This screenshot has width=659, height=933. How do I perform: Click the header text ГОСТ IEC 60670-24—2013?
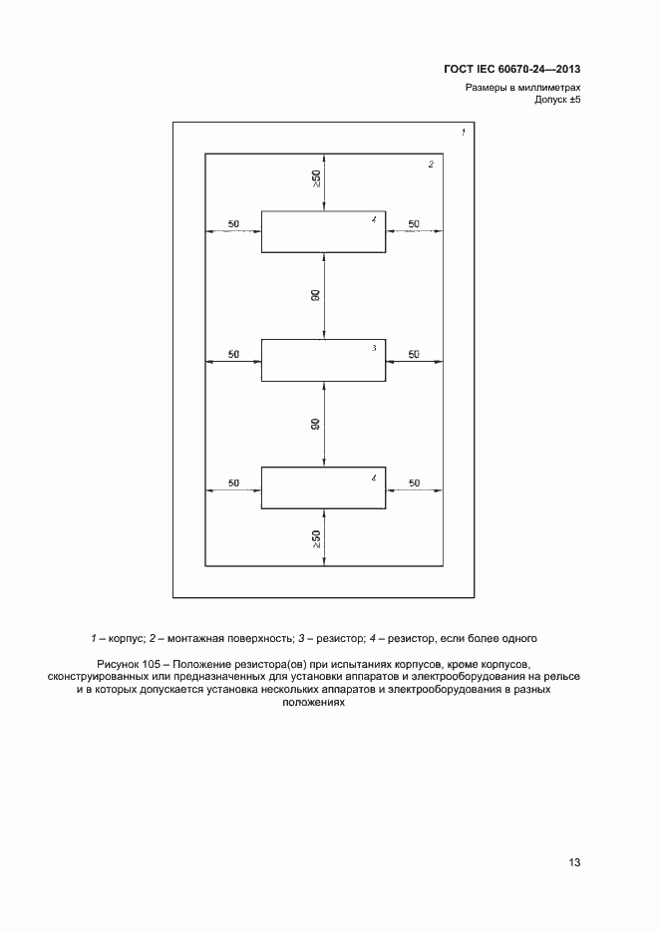511,70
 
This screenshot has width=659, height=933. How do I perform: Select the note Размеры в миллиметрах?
522,88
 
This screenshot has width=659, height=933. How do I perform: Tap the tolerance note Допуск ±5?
557,101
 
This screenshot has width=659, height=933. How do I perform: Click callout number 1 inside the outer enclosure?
463,133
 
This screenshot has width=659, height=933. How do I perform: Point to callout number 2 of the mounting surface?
431,164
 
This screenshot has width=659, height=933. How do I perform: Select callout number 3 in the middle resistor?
374,348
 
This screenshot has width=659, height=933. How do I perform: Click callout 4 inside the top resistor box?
373,220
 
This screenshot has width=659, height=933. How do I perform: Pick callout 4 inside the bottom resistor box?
373,478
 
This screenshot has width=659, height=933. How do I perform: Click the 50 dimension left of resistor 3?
233,354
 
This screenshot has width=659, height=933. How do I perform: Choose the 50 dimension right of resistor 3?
414,354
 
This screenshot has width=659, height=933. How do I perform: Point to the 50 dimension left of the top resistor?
233,224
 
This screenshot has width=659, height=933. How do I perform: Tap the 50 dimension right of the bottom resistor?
414,482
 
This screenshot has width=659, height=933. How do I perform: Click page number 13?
574,862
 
